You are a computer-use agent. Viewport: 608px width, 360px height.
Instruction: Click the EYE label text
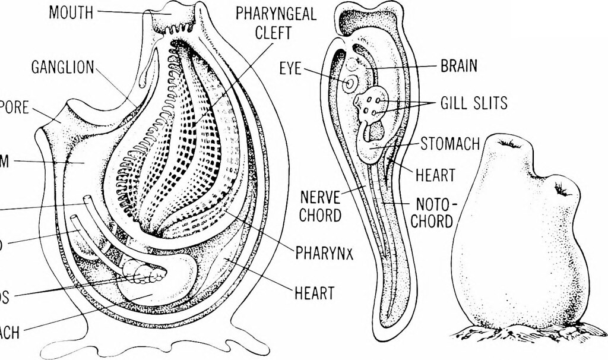click(x=290, y=71)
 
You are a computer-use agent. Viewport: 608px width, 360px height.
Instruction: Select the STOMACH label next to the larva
click(x=449, y=144)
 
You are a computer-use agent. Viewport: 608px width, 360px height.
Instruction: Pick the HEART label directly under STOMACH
click(x=436, y=175)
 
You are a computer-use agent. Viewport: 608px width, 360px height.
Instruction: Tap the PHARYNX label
click(x=325, y=254)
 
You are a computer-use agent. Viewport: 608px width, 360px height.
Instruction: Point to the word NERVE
click(x=319, y=195)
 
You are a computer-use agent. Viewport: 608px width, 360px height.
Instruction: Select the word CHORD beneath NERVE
click(x=319, y=215)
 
